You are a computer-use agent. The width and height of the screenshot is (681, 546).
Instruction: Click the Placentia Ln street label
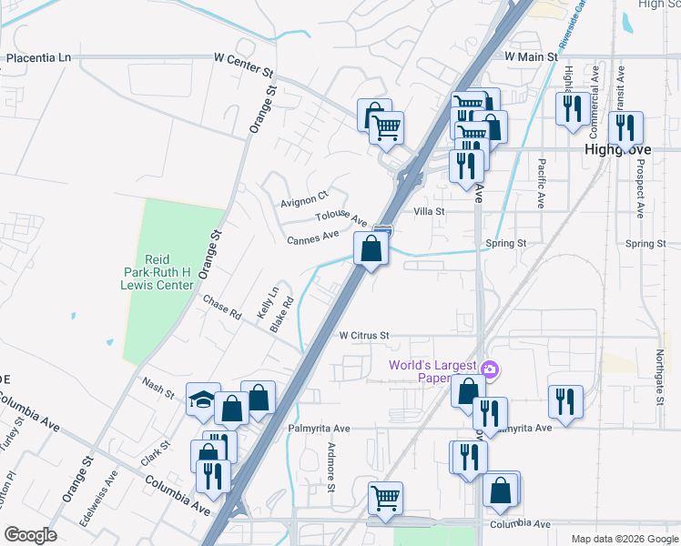[38, 58]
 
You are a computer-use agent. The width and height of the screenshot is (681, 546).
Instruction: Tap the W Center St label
[243, 57]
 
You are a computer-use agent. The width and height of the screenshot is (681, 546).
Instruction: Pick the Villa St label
[429, 211]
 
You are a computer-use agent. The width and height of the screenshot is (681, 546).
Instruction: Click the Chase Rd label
[221, 308]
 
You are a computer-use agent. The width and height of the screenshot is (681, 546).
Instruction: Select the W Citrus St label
[364, 336]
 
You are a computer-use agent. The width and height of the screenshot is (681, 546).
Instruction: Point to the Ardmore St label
[331, 468]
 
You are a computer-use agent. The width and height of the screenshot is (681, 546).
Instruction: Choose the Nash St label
[157, 388]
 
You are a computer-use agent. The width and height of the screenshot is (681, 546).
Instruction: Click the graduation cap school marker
[203, 398]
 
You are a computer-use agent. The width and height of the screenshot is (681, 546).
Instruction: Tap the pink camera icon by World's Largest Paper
[491, 369]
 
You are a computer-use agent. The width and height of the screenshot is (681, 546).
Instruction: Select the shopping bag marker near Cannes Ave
[371, 248]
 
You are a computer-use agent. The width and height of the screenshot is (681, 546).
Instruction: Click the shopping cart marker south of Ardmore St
[386, 498]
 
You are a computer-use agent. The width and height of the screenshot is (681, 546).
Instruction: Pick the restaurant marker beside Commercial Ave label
[571, 108]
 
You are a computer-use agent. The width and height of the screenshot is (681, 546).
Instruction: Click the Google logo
[31, 535]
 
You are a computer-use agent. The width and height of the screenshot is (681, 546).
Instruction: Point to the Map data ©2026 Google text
[624, 539]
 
